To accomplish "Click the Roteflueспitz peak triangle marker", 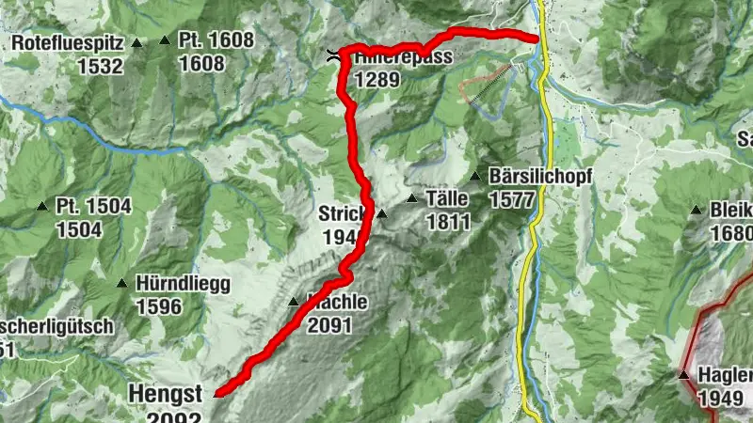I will [137, 42].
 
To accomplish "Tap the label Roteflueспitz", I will [69, 43].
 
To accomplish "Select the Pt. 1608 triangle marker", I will [165, 39].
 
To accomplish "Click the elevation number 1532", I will [102, 65].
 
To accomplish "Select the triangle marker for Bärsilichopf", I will [476, 176].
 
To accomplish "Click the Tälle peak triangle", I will [411, 198].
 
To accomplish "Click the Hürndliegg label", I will [183, 284].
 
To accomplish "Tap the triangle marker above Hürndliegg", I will [121, 282].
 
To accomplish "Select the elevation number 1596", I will [160, 306].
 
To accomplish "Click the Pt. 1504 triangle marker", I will [41, 206].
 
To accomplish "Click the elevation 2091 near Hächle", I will [329, 325].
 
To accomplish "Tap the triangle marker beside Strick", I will [382, 213].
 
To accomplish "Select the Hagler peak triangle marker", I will [683, 375].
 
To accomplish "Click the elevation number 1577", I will [513, 199].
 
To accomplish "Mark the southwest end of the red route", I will [216, 396].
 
